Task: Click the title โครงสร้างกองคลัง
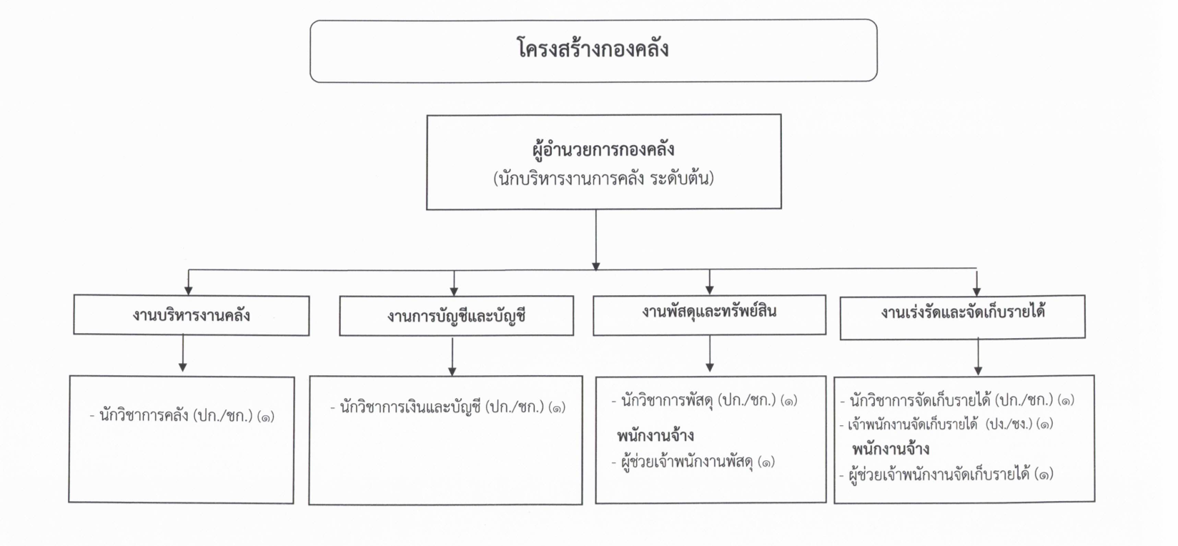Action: [x=593, y=49]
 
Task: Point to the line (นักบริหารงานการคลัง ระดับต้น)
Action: [x=603, y=179]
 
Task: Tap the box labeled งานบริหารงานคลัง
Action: [x=192, y=315]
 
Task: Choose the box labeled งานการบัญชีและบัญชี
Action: [x=457, y=316]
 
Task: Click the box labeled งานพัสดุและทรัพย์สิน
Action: [x=709, y=314]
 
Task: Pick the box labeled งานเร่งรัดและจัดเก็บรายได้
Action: [x=962, y=317]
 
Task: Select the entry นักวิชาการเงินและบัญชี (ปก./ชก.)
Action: [x=448, y=407]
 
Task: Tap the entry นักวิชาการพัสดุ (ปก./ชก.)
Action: [x=705, y=401]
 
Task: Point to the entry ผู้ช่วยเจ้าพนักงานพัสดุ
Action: [x=693, y=462]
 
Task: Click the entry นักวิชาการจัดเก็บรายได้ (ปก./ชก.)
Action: [x=957, y=401]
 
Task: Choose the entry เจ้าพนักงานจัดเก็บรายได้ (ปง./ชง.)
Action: [x=946, y=425]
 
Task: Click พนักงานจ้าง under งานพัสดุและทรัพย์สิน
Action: [x=655, y=436]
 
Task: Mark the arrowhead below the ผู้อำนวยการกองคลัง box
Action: [x=596, y=266]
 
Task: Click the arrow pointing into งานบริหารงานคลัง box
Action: [x=188, y=282]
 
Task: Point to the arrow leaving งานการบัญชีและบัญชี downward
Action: [x=452, y=356]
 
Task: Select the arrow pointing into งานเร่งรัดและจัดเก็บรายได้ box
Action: [x=976, y=282]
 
